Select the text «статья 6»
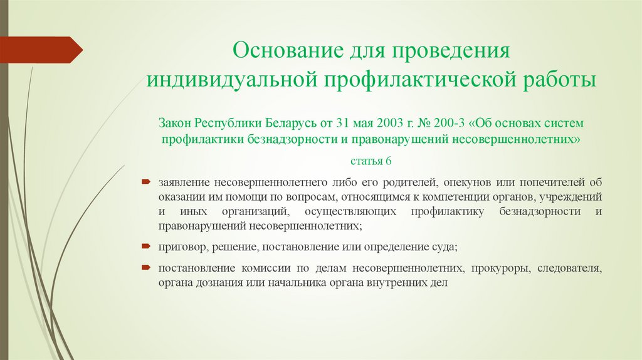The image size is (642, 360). (x=370, y=161)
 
